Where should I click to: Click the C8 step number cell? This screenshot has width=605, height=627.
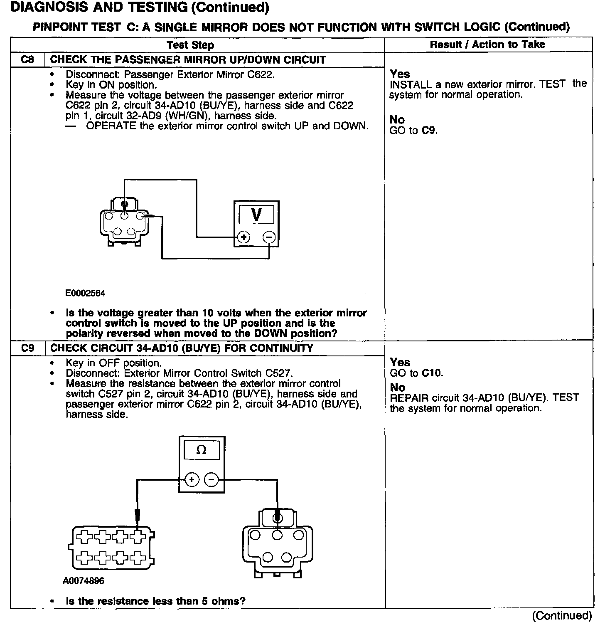[x=27, y=60]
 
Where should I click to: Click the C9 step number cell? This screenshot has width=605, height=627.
[x=27, y=348]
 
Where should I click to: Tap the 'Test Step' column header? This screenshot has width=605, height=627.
[x=190, y=45]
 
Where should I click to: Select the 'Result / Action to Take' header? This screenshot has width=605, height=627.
[x=487, y=44]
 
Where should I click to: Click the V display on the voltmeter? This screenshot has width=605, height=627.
[x=256, y=215]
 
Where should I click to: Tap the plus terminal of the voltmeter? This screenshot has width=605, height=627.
[x=243, y=237]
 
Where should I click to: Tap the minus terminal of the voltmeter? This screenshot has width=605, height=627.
[x=269, y=237]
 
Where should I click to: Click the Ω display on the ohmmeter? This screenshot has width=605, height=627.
[x=202, y=450]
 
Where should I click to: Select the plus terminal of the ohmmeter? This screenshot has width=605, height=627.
[x=192, y=480]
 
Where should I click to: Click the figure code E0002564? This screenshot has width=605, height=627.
[x=85, y=294]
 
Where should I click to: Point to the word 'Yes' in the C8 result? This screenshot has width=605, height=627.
[x=400, y=74]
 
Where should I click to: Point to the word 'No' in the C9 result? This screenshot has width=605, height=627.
[x=397, y=388]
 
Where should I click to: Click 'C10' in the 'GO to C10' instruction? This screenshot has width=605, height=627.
[x=432, y=373]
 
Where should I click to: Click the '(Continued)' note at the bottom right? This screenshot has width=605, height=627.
[x=562, y=615]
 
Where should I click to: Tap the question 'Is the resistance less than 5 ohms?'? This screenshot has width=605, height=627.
[x=155, y=601]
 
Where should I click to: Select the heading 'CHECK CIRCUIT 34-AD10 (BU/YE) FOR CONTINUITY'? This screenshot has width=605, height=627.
[x=182, y=348]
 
